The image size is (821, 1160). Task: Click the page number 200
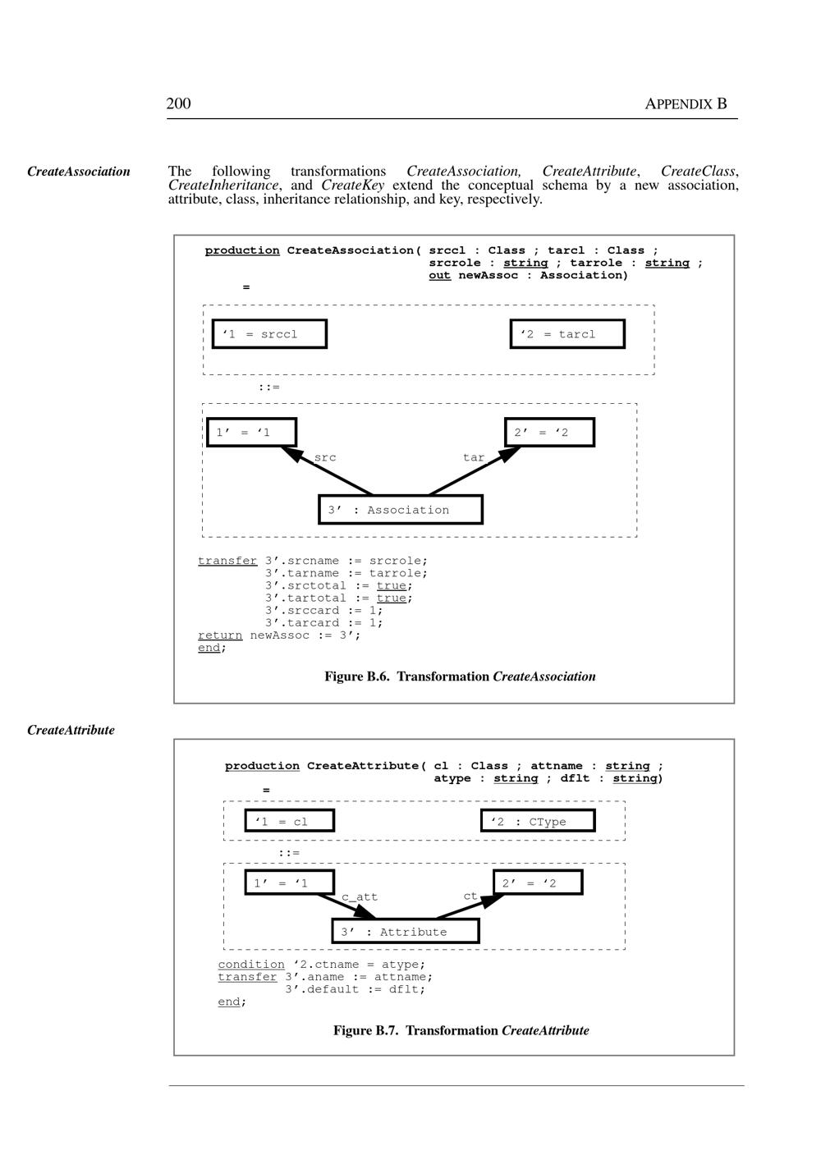(178, 103)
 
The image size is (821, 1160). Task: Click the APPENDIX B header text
(686, 104)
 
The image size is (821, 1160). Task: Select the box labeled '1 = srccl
(269, 334)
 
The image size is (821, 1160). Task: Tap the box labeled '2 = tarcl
(566, 334)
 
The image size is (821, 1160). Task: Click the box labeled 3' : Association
(400, 510)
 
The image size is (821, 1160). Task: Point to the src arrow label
(325, 458)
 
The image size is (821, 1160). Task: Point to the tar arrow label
(474, 458)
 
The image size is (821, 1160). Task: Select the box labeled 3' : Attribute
(405, 932)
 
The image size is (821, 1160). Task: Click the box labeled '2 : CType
(538, 821)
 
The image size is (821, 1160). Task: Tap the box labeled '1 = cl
(289, 821)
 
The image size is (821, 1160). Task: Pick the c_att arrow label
(360, 897)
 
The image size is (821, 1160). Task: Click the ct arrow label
(470, 896)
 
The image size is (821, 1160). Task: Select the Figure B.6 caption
(460, 676)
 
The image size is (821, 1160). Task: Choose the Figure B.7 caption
(461, 1030)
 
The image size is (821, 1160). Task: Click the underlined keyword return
(220, 635)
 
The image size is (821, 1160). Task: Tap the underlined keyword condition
(251, 965)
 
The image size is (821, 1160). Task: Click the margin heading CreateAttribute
(71, 730)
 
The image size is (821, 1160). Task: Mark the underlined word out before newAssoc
(439, 275)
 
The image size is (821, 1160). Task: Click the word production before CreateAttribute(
(262, 766)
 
